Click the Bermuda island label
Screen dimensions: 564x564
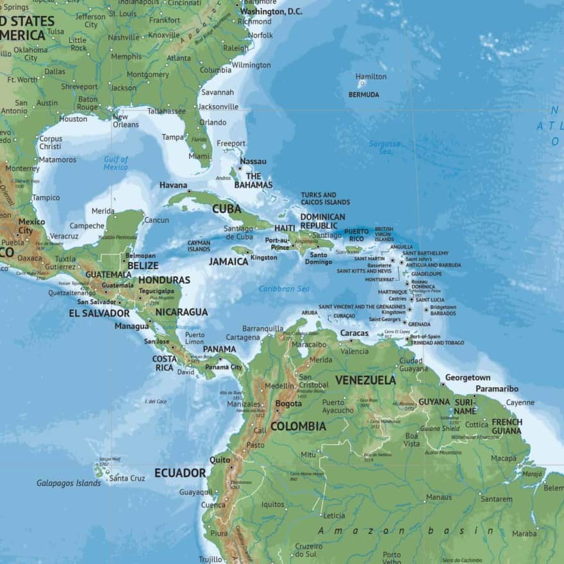(x=363, y=95)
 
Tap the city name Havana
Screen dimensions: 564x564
(x=173, y=185)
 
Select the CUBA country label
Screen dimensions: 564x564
(x=227, y=209)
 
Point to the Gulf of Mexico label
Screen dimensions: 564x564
(x=116, y=163)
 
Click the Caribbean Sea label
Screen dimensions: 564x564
(x=284, y=289)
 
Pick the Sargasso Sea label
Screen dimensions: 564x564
(x=385, y=147)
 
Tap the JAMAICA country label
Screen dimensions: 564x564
(x=228, y=261)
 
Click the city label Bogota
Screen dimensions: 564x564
(x=288, y=404)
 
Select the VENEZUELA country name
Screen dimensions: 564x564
(x=365, y=380)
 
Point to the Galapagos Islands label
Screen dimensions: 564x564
(x=69, y=483)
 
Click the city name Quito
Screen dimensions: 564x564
(x=220, y=460)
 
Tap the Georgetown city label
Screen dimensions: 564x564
(x=467, y=377)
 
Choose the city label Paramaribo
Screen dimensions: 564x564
(x=497, y=389)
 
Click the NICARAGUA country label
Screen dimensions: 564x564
(x=181, y=312)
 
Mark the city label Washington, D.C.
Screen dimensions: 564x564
(x=271, y=12)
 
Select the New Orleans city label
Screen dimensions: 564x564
(x=125, y=120)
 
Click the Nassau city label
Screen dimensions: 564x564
(x=253, y=162)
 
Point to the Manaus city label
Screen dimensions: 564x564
(x=439, y=497)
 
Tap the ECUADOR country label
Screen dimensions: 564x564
(x=180, y=474)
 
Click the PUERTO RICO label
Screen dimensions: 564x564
(x=356, y=235)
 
